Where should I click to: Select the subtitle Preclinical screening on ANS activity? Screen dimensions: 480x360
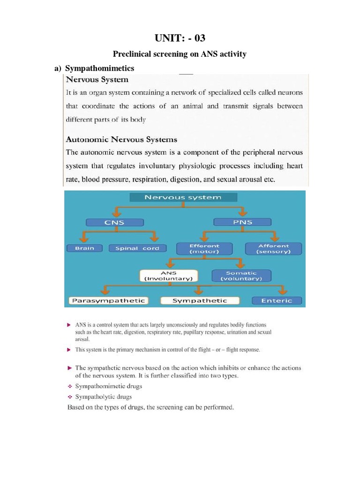pos(180,54)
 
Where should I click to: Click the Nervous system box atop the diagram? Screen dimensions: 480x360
pos(183,197)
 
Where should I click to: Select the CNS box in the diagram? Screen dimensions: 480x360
pos(114,222)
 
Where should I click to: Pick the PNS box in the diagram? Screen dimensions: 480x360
pos(242,222)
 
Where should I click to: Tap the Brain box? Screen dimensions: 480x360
pos(85,248)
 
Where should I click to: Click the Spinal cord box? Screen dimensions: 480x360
pos(137,248)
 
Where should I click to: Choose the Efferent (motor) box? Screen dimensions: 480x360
pos(204,248)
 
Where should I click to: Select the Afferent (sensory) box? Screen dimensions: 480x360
pos(273,248)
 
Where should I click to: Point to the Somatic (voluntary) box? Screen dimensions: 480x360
pos(241,275)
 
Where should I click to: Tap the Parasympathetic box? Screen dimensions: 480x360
pos(108,300)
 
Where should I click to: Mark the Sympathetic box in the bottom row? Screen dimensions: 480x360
pos(200,300)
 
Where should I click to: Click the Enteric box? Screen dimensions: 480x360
pos(277,300)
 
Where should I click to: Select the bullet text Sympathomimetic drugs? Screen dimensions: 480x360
pos(109,386)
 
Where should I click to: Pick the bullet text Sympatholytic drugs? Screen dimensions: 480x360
pos(105,397)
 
